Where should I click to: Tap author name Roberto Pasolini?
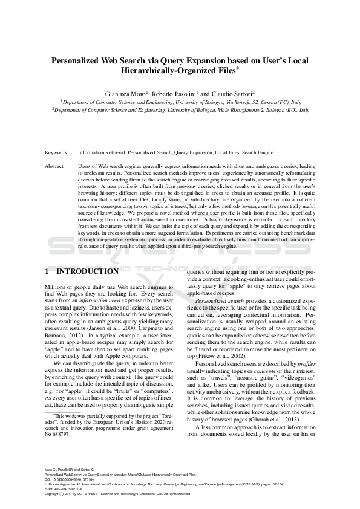coord(174,94)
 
